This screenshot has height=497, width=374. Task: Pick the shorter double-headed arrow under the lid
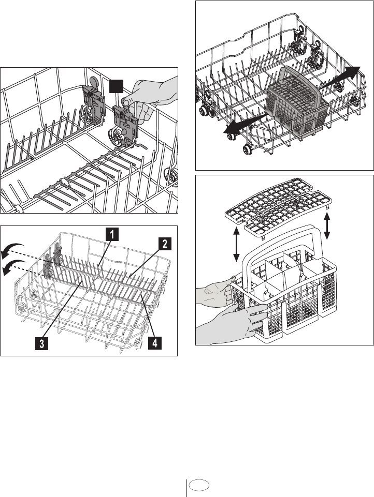pos(327,225)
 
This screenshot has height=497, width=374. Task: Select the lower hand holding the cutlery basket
pos(228,319)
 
